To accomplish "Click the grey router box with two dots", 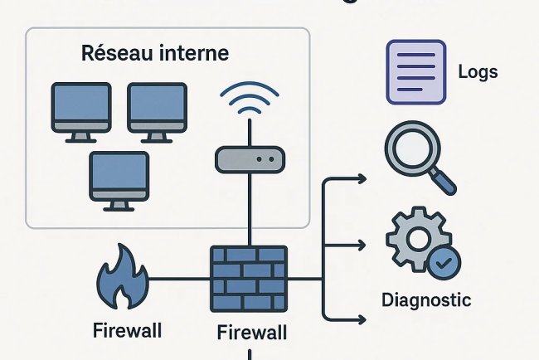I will click(250, 158).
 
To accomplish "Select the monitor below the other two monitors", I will click(119, 178).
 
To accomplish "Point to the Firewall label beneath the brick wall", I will click(251, 333).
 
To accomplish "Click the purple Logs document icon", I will click(413, 72).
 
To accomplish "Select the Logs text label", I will click(478, 71).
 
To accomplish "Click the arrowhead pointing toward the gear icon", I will click(361, 245).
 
